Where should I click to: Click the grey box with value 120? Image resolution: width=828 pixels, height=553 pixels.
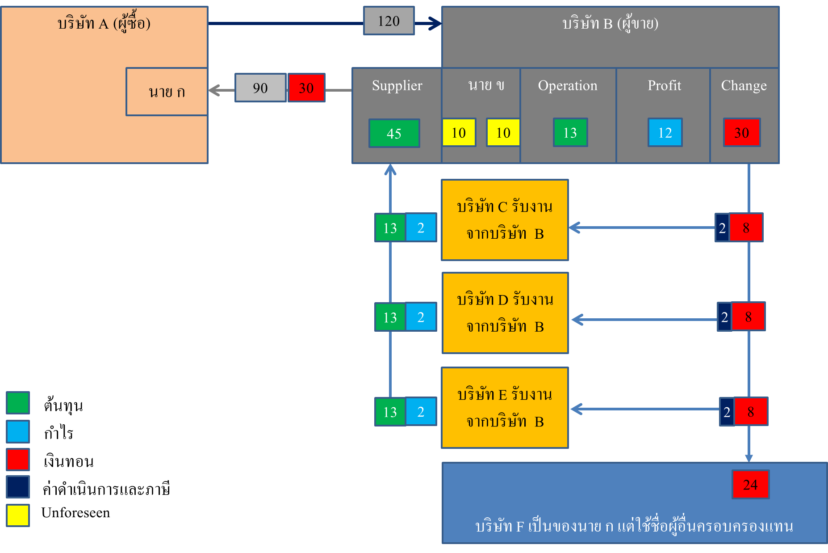(389, 21)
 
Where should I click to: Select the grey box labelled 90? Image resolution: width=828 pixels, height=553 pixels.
(260, 88)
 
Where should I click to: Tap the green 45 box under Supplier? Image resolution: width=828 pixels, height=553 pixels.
(394, 133)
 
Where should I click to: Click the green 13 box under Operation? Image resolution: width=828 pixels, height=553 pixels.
(570, 132)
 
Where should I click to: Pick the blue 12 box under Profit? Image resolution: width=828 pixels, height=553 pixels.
(665, 132)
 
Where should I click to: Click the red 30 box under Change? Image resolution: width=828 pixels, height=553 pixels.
(741, 132)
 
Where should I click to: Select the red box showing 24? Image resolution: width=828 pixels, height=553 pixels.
(750, 484)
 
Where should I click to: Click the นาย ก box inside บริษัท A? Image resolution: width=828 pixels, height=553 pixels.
(167, 92)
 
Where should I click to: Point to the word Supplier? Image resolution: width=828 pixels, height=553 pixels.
(397, 85)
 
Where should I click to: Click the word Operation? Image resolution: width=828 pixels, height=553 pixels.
(567, 85)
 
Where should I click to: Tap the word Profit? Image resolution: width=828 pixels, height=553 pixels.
(664, 85)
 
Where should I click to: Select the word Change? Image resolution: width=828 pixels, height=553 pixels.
(744, 85)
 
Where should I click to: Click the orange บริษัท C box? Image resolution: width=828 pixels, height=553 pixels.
(505, 220)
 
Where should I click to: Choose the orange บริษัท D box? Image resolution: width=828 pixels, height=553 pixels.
(505, 313)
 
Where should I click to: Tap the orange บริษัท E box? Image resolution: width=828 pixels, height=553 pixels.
(505, 408)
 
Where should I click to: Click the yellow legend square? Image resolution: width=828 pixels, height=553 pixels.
(18, 515)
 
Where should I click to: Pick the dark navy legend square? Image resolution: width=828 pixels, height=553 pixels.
(18, 487)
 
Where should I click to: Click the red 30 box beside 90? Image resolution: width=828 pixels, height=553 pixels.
(306, 88)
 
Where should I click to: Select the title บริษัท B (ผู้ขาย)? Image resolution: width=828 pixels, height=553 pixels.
(610, 23)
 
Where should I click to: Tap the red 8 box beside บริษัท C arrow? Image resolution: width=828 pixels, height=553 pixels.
(746, 228)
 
